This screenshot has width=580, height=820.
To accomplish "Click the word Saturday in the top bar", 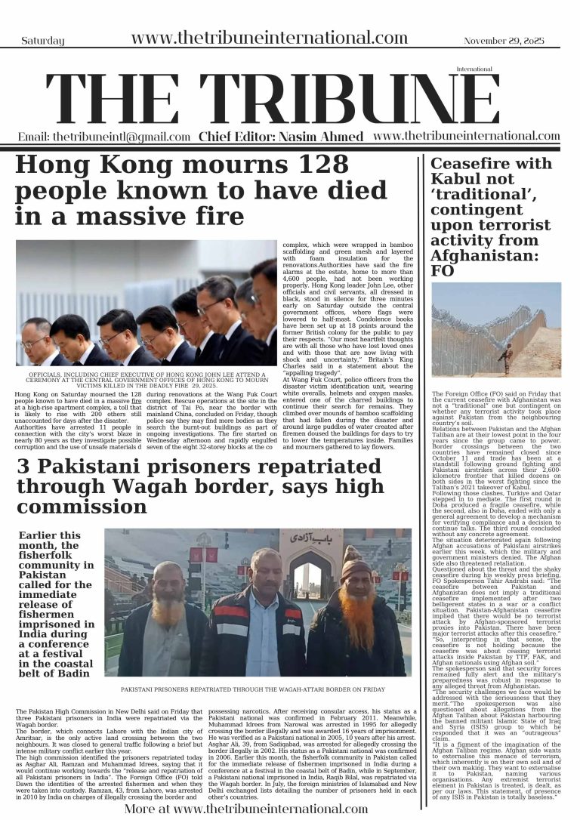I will coord(43,42).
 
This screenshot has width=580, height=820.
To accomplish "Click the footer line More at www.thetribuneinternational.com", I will coord(245,808).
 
